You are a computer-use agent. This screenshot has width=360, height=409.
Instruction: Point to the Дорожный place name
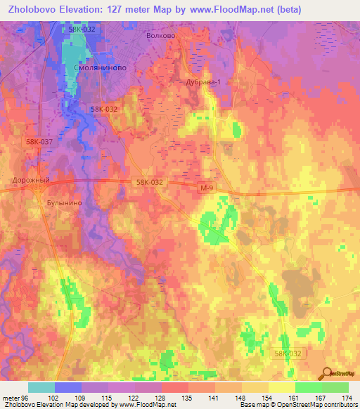point(32,180)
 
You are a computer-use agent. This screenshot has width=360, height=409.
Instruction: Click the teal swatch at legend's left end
point(41,387)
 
